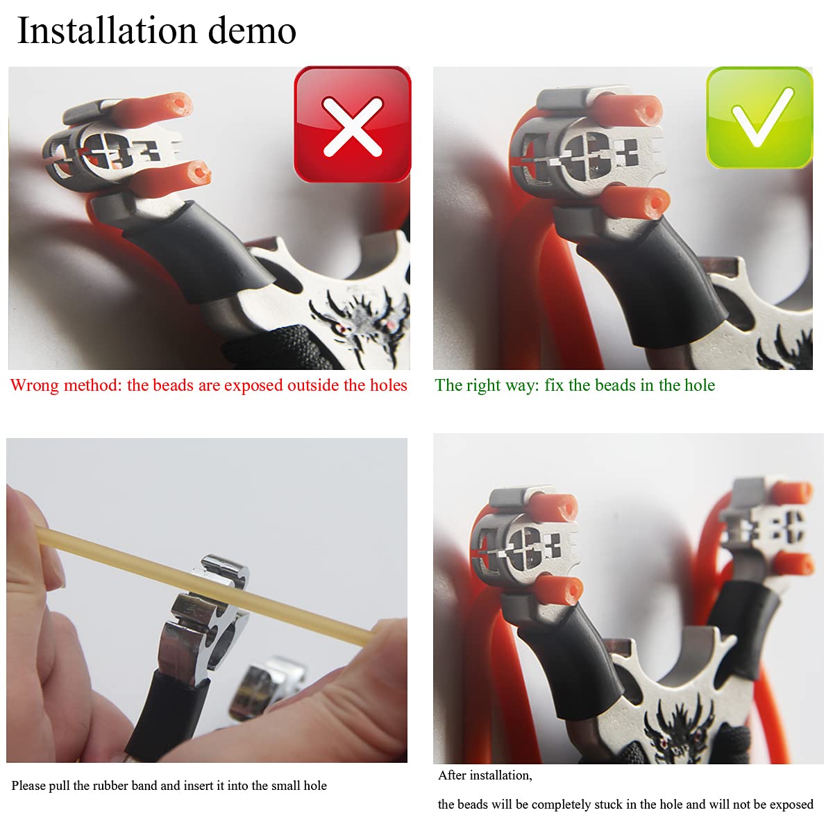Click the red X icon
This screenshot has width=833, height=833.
coord(353,125)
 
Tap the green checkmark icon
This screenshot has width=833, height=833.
coord(759,118)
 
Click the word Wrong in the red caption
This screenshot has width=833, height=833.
coord(35,385)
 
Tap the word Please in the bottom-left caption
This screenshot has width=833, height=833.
coord(28,786)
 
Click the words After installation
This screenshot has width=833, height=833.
coord(485,775)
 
